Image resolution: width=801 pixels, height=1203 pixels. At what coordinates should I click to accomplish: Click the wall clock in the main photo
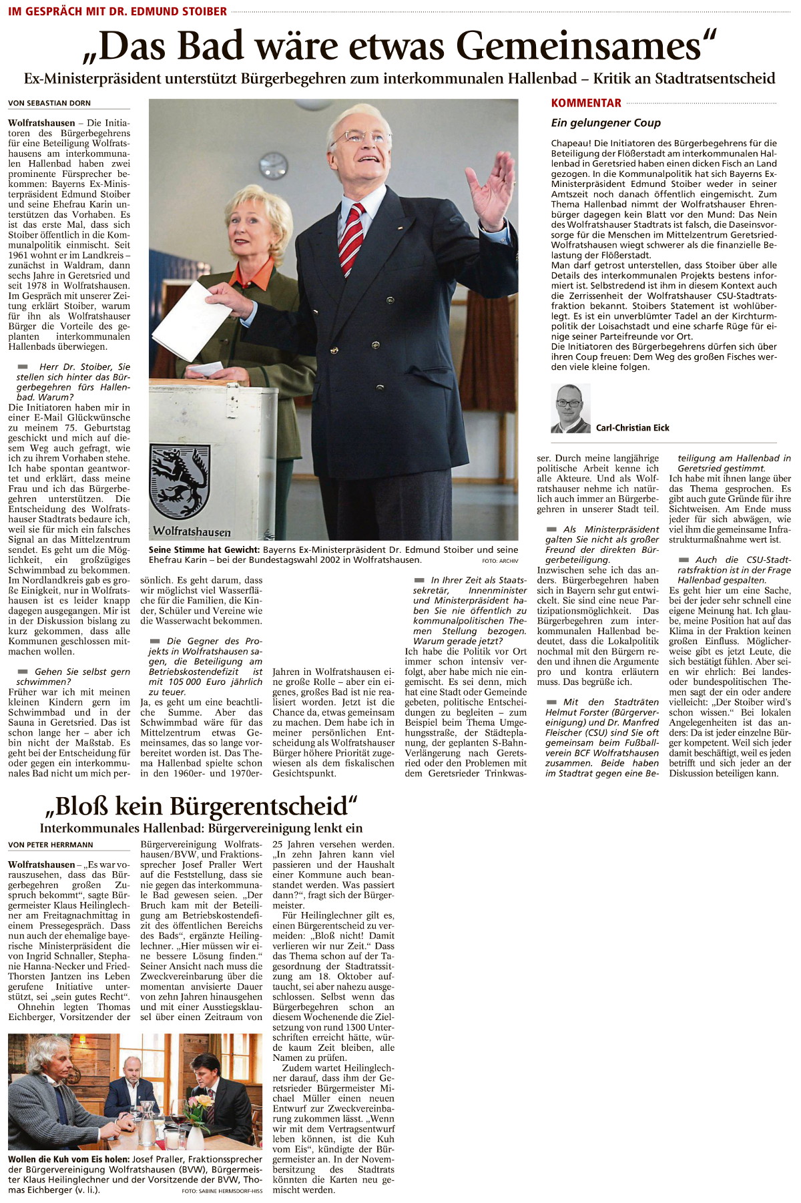(273, 166)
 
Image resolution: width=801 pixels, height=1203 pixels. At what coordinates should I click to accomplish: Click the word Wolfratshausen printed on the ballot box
(192, 531)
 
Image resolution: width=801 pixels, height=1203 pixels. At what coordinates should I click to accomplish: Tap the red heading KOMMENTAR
(586, 103)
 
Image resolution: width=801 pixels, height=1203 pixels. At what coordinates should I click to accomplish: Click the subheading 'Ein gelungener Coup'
(605, 123)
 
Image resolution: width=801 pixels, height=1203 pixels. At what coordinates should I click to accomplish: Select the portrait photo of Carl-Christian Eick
(570, 409)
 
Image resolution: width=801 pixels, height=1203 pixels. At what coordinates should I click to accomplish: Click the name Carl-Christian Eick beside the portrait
(632, 428)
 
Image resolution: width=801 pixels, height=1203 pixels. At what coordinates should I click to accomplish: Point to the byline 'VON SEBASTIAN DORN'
(49, 103)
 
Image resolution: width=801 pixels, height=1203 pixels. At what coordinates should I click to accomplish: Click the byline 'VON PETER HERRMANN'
(51, 845)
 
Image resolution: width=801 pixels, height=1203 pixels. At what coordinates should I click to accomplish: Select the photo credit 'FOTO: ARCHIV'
(499, 561)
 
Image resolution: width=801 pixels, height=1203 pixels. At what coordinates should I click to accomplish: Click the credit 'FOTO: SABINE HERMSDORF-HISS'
(222, 1192)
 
